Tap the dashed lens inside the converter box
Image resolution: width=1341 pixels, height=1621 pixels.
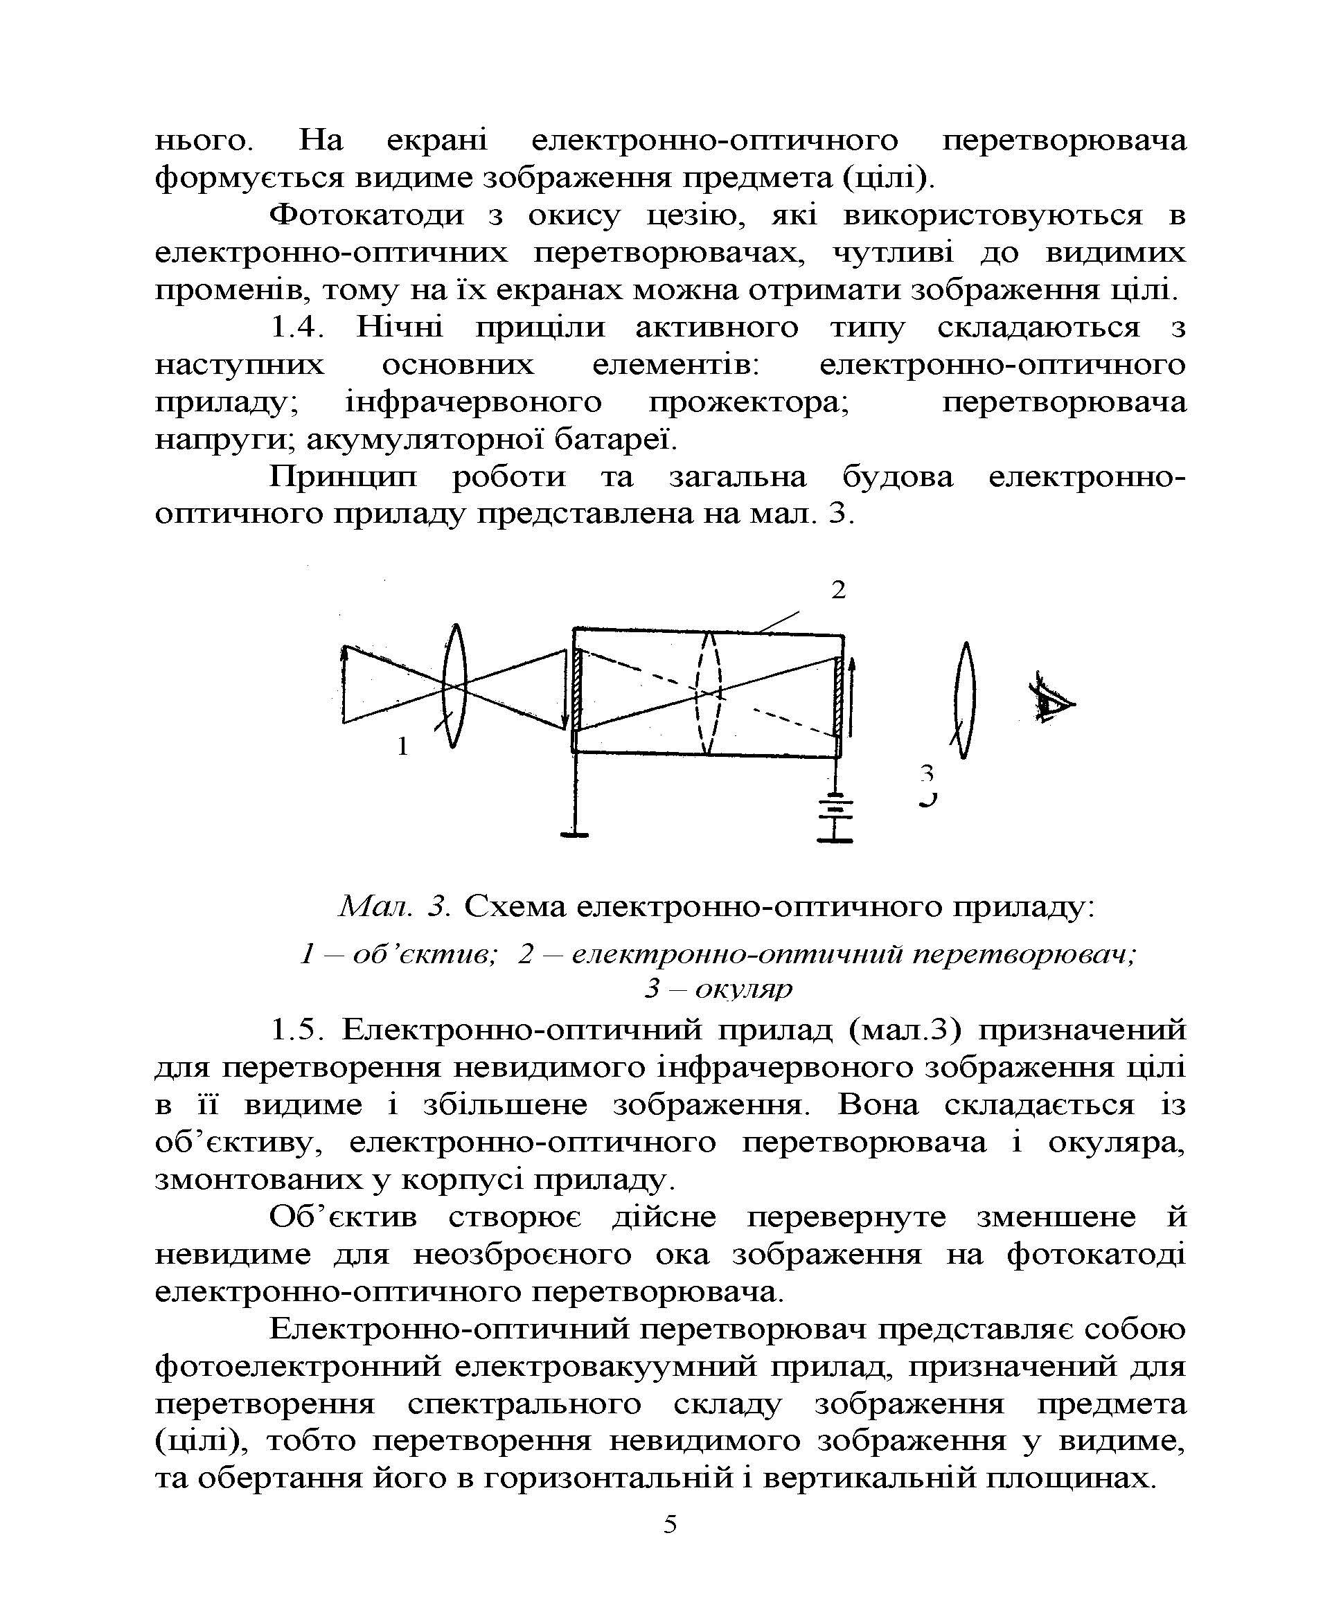[708, 692]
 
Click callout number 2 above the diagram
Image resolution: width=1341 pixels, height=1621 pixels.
[837, 590]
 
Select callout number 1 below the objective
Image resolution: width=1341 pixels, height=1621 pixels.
[402, 746]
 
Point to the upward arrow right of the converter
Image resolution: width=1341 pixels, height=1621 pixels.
[851, 697]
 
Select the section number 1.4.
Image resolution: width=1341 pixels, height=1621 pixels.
[294, 328]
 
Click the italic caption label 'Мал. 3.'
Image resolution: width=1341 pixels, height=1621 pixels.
[395, 906]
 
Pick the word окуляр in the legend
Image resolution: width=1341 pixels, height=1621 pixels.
[743, 988]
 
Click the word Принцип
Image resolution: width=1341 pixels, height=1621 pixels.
[343, 477]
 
